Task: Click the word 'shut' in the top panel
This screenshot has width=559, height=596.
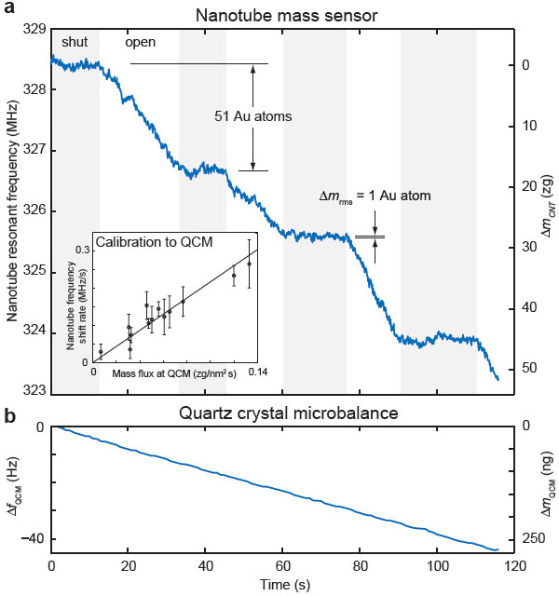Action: click(x=74, y=43)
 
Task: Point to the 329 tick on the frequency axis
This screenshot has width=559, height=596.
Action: click(x=34, y=30)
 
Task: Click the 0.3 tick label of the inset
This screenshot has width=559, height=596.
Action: click(x=82, y=251)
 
